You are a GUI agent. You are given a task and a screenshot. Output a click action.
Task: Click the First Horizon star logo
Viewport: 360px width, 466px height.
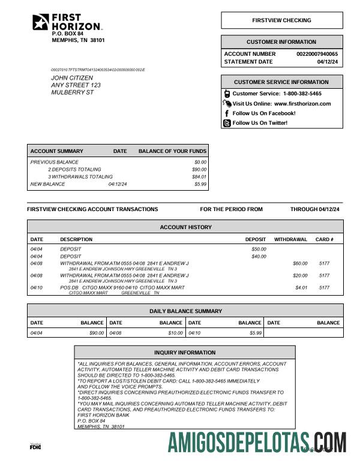[41, 22]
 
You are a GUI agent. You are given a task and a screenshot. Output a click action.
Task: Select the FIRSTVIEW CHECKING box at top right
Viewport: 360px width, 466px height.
[281, 20]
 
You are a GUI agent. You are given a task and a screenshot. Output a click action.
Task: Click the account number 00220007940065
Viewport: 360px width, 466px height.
[317, 54]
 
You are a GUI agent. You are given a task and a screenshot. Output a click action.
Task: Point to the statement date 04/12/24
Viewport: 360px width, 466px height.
[328, 62]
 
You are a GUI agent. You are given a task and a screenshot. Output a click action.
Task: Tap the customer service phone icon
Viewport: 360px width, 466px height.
[227, 94]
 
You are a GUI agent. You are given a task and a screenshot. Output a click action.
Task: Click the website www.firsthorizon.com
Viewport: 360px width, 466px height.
[302, 104]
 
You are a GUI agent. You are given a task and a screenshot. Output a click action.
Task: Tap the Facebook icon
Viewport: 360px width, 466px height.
[227, 113]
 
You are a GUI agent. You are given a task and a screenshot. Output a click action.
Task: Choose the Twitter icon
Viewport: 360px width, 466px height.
[227, 123]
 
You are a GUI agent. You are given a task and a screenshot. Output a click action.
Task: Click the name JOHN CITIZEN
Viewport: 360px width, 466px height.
[72, 78]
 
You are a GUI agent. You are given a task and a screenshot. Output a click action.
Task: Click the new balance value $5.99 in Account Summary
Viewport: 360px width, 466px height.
[200, 184]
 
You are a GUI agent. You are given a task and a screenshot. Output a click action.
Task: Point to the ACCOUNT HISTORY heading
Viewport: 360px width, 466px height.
[185, 227]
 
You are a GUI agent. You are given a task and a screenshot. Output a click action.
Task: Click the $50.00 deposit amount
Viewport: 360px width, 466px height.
[259, 249]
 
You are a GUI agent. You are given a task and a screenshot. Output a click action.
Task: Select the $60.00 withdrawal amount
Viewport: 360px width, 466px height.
[299, 263]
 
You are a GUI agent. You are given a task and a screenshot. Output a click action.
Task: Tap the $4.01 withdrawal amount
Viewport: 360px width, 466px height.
[301, 288]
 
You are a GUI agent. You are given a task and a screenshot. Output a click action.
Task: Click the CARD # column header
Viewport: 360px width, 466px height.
[324, 239]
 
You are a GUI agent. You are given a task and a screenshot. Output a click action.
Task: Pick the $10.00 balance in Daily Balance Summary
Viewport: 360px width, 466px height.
[175, 333]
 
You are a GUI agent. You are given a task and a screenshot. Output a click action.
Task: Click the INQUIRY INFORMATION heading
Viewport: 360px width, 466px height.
[185, 353]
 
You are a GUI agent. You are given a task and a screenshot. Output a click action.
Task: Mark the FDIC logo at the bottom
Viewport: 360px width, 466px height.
[35, 447]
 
